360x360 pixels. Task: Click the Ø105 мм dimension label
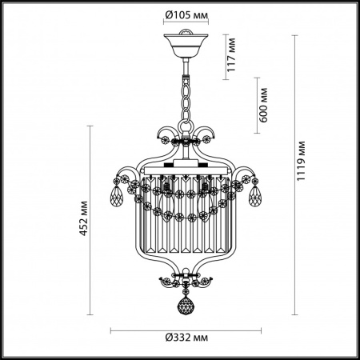point(186,15)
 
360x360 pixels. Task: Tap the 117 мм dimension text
point(231,54)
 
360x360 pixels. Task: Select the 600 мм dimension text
point(263,105)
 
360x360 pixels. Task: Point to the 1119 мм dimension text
point(301,161)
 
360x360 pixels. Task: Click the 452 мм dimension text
point(84,218)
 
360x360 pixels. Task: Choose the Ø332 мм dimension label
point(186,338)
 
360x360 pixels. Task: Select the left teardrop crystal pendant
point(117,195)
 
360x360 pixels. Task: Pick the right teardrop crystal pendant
point(255,195)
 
